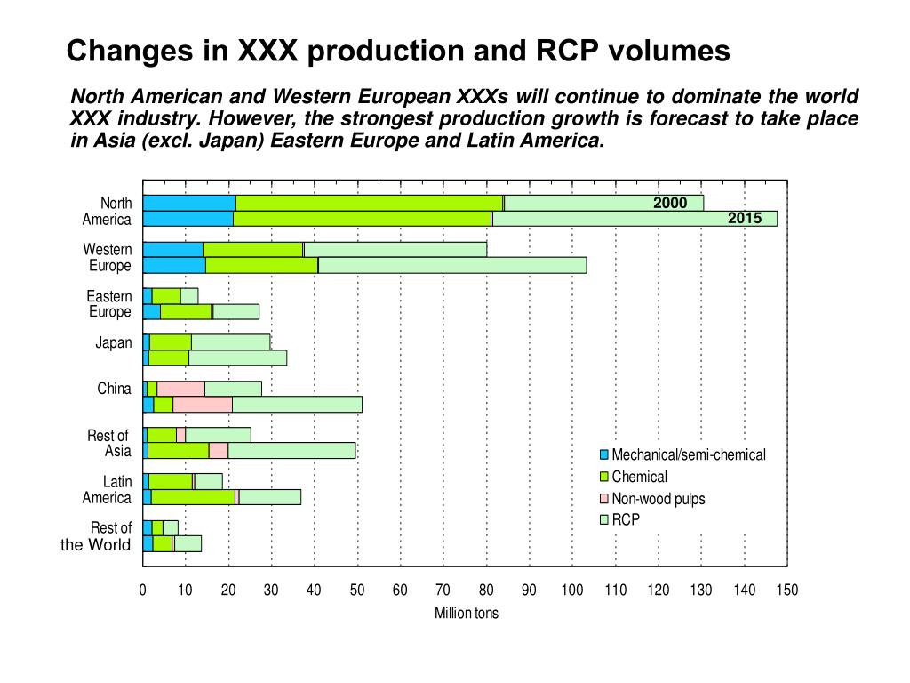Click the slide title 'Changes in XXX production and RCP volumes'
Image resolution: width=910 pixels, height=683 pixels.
tap(398, 52)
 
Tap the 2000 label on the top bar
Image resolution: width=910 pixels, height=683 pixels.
tap(670, 203)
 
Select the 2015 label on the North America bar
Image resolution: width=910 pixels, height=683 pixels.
tap(745, 219)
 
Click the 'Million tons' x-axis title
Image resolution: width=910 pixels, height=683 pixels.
tap(466, 613)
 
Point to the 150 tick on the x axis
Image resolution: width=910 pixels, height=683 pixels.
tap(787, 590)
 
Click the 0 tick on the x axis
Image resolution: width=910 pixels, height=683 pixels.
tap(142, 590)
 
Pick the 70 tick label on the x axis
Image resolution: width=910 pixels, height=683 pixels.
tap(443, 590)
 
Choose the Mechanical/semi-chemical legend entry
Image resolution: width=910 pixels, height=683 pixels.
tap(688, 455)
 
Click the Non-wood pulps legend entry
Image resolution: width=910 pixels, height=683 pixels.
tap(658, 499)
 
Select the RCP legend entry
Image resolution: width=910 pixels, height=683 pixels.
tap(625, 520)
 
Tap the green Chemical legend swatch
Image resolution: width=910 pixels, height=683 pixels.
tap(604, 478)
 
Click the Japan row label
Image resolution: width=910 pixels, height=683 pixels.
tap(113, 343)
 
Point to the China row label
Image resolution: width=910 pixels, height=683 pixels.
tap(114, 389)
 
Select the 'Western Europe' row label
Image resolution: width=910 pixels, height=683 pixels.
tap(108, 258)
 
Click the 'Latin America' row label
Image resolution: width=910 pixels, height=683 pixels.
tap(107, 490)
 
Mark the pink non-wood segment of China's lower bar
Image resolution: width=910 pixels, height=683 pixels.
tap(203, 405)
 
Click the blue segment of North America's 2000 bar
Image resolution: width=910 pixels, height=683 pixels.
tap(188, 203)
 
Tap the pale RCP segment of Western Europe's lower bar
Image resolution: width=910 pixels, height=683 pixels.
tap(452, 265)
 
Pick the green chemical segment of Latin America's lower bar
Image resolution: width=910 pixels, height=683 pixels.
tap(193, 497)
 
